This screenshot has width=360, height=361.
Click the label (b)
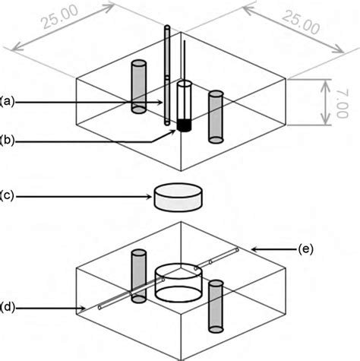[x=8, y=138]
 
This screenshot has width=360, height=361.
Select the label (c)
[x=8, y=196]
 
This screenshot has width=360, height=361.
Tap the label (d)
[x=8, y=308]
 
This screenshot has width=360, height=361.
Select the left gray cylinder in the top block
[x=138, y=87]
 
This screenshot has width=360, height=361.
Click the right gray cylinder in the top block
[x=216, y=117]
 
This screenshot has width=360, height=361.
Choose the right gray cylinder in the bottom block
[x=216, y=305]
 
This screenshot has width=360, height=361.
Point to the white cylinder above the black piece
[x=183, y=100]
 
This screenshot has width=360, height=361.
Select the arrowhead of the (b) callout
[x=175, y=130]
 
